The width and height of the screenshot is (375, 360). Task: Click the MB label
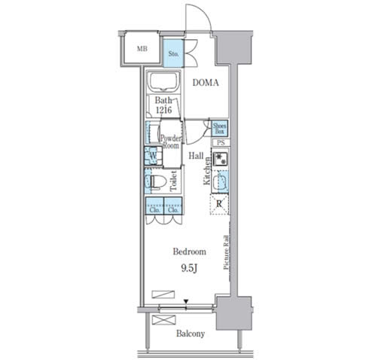[x=142, y=49]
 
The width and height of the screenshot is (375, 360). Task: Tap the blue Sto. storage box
[x=173, y=53]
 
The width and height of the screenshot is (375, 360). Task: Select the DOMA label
[x=206, y=83]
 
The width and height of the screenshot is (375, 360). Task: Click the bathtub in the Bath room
[x=163, y=83]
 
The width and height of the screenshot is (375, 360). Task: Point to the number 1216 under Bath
[x=163, y=110]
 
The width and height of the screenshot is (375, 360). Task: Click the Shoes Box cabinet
[x=219, y=128]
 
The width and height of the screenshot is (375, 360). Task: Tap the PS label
[x=221, y=143]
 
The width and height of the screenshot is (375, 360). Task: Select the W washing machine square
[x=153, y=156]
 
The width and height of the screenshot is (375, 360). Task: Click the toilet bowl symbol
[x=157, y=182]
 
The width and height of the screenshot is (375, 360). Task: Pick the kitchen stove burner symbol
[x=220, y=159]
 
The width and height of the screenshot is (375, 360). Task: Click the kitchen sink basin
[x=220, y=182]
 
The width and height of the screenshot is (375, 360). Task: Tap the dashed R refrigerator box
[x=219, y=204]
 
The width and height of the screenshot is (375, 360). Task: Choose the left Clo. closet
[x=154, y=206]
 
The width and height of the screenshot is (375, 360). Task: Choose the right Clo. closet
[x=173, y=206]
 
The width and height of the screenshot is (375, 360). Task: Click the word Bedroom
[x=189, y=252]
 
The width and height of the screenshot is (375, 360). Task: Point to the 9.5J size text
[x=188, y=269]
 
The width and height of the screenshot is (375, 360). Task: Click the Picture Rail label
[x=226, y=252]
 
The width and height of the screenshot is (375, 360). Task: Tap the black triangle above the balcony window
[x=186, y=301]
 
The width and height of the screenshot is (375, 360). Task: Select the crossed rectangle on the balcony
[x=164, y=321]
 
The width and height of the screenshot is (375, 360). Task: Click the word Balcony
[x=191, y=334]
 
